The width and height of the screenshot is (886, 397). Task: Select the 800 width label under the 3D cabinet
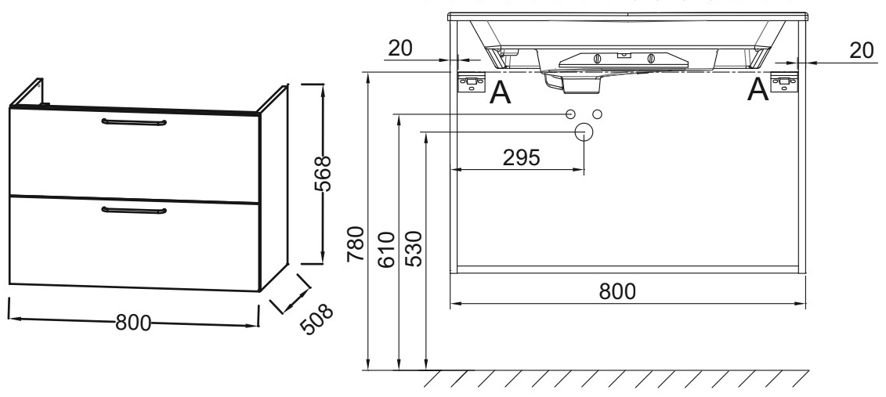(x=133, y=323)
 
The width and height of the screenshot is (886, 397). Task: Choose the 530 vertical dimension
(x=415, y=249)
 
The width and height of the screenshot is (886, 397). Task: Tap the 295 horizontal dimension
(x=520, y=157)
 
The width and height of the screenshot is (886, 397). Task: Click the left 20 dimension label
(x=400, y=48)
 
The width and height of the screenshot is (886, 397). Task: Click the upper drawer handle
(x=133, y=121)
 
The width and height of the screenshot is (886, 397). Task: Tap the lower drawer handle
(x=133, y=209)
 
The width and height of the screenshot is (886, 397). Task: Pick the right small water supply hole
(x=597, y=114)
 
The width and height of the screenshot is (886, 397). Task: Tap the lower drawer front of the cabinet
(x=133, y=243)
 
